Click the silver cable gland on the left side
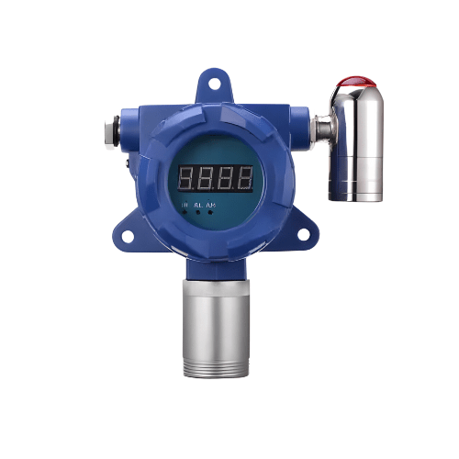[111, 132]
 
